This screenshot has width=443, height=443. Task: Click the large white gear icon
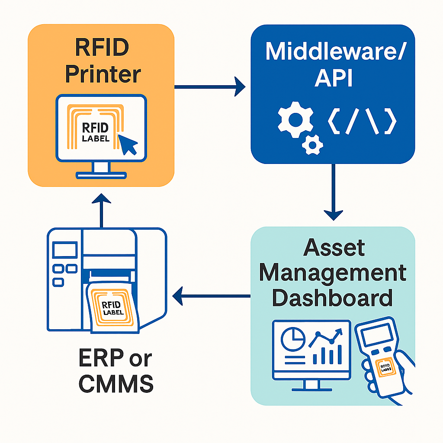pyautogui.click(x=295, y=118)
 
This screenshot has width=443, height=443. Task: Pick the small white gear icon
pyautogui.click(x=312, y=144)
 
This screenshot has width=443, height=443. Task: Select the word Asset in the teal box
pyautogui.click(x=334, y=248)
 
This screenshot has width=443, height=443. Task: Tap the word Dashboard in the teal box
pyautogui.click(x=334, y=299)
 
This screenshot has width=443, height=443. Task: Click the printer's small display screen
pyautogui.click(x=64, y=251)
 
